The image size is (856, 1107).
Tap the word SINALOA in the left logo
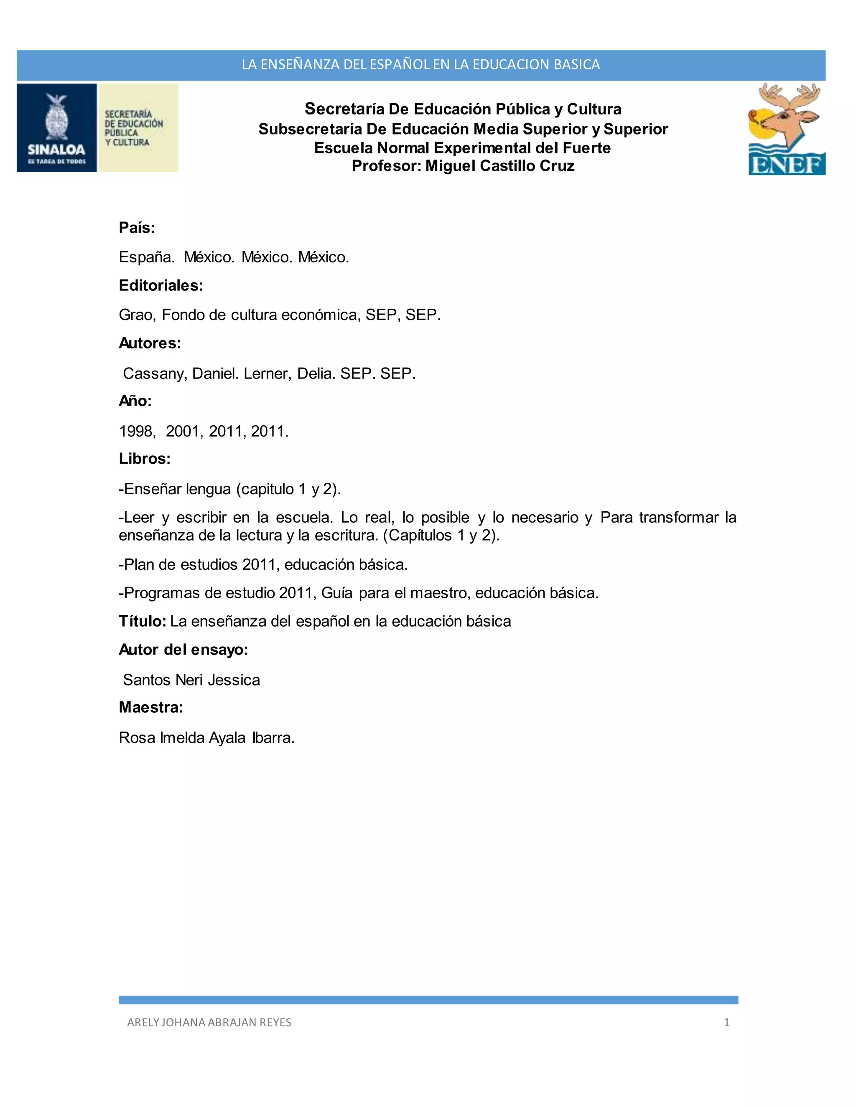click(x=56, y=150)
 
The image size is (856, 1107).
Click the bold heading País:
click(x=136, y=228)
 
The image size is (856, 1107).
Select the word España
click(x=147, y=257)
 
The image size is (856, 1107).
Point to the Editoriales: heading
click(x=161, y=286)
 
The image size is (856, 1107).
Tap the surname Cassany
click(x=155, y=373)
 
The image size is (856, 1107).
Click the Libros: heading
click(x=145, y=459)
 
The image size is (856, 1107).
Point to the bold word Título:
click(x=143, y=622)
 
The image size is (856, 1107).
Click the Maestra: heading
click(x=150, y=708)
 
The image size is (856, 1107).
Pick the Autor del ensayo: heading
click(x=183, y=650)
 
